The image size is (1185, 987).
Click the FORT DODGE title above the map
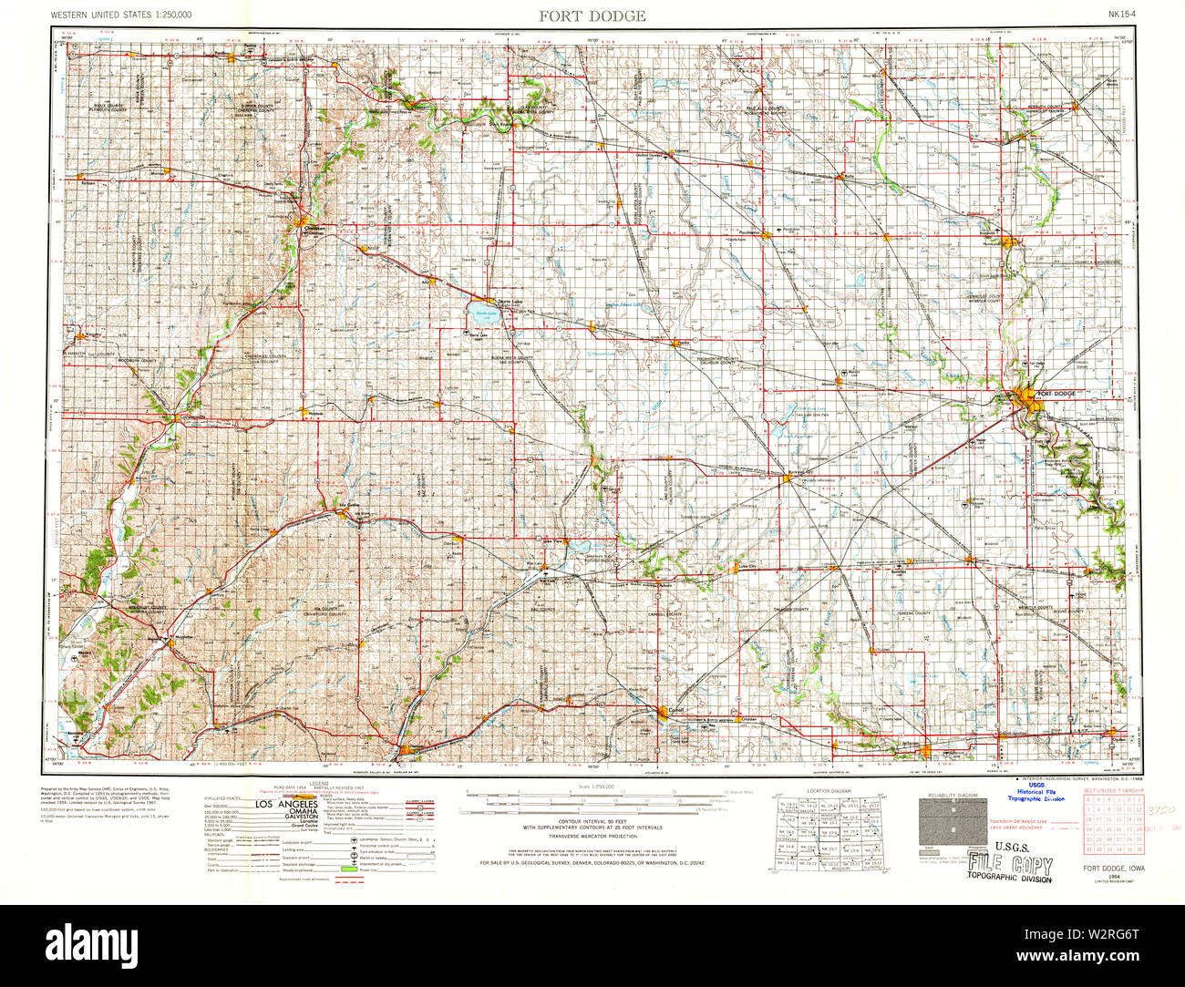coord(592,15)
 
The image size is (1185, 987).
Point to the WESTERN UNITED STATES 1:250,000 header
coord(121,15)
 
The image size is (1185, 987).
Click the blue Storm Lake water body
coord(483,315)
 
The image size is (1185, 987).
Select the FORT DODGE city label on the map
coord(1056,394)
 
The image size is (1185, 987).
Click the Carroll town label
coord(675,708)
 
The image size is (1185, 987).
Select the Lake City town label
coord(748,567)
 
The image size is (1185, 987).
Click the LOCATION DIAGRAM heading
coord(829,790)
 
